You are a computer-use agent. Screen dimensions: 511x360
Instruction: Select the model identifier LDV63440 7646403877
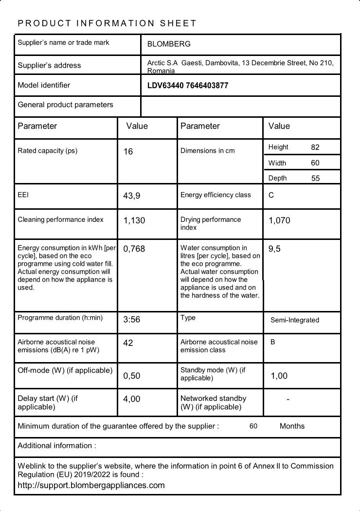click(188, 86)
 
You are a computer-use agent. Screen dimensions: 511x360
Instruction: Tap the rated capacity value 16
click(128, 151)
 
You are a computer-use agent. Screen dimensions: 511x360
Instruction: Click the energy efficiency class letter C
click(271, 195)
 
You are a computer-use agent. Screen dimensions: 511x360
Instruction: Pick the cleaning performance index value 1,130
click(134, 220)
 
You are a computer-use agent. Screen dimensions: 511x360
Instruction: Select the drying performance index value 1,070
click(279, 220)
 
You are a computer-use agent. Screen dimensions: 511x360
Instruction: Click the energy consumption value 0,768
click(134, 249)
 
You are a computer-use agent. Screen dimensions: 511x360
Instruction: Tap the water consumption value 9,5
click(274, 249)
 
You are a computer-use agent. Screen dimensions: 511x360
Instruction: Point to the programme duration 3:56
click(132, 320)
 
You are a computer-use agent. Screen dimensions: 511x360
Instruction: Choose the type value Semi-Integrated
click(295, 320)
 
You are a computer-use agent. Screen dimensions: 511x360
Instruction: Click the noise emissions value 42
click(128, 343)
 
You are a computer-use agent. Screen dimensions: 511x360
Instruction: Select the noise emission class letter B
click(273, 342)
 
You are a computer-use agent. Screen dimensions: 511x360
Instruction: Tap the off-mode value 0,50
click(131, 376)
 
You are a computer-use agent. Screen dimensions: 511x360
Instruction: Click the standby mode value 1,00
click(279, 376)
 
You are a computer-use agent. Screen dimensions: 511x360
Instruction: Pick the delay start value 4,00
click(131, 399)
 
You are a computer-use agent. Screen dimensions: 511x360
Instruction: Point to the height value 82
click(315, 147)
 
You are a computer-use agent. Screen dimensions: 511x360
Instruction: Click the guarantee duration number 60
click(253, 426)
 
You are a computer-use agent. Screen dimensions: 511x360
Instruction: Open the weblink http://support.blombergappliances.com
click(91, 485)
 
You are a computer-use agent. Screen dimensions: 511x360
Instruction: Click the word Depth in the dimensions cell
click(277, 178)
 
